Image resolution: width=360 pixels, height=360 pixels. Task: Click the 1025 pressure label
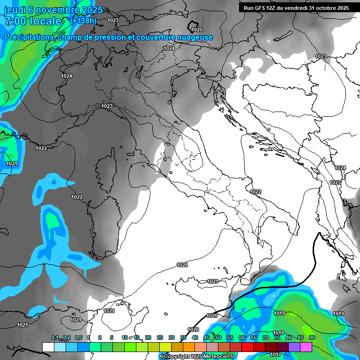(197, 30)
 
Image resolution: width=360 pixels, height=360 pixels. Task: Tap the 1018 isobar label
(278, 333)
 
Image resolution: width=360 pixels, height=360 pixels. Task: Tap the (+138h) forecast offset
(83, 21)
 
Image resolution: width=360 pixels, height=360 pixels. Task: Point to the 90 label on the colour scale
(312, 337)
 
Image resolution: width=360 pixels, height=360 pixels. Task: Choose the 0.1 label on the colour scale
(55, 337)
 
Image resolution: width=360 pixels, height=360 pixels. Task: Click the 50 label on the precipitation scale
(218, 337)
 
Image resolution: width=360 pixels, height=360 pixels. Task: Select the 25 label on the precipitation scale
(160, 337)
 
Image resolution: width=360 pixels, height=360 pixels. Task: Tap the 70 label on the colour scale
(265, 337)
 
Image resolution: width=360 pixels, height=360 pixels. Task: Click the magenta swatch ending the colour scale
(306, 346)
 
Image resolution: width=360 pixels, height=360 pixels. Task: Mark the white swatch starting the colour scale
(48, 346)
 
